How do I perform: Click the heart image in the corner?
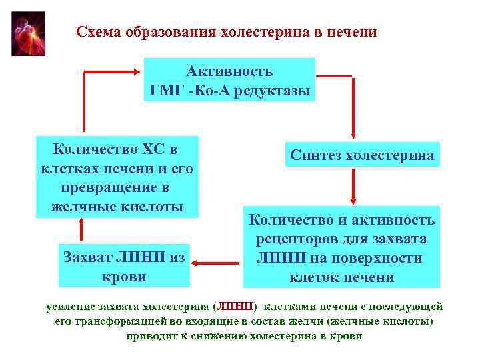[29, 33]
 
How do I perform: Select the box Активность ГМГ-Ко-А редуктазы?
[230, 80]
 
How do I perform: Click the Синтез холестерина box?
[362, 155]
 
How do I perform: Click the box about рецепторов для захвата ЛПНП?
[341, 247]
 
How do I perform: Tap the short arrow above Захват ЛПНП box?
[83, 230]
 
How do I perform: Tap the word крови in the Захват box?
[123, 275]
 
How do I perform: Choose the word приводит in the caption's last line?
[150, 336]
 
